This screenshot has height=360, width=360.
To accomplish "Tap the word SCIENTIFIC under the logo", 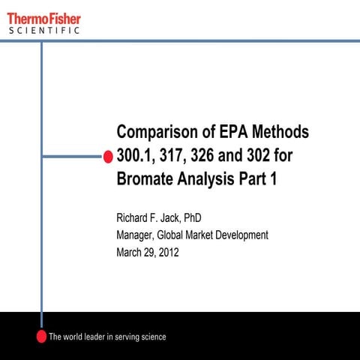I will click(x=44, y=31).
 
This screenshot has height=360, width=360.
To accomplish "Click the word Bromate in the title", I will click(x=146, y=180).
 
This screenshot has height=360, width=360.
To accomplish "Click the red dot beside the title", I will click(x=108, y=156).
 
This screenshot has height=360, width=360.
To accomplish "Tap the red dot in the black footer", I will click(x=42, y=336).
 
